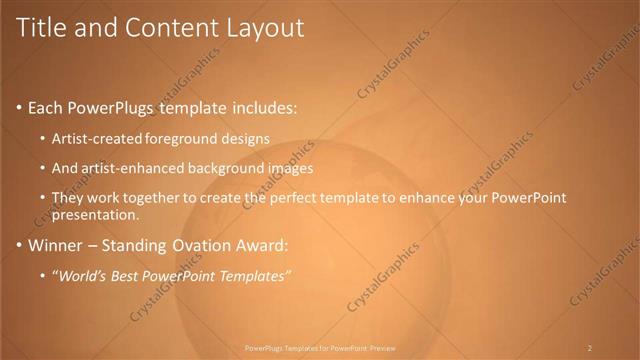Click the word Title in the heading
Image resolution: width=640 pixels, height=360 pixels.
[x=39, y=28]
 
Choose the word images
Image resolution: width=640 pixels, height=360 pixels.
[x=293, y=167]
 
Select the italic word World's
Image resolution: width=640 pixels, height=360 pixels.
[x=82, y=275]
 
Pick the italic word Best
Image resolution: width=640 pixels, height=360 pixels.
[x=126, y=275]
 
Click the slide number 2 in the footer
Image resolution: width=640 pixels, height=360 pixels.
[x=590, y=348]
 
